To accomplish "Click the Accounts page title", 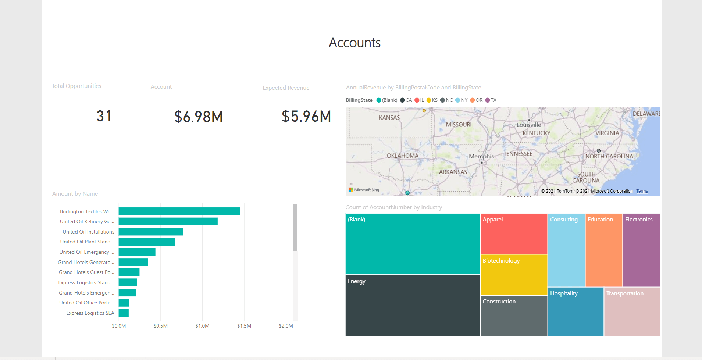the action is click(x=354, y=43).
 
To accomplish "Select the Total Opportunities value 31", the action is click(x=104, y=116).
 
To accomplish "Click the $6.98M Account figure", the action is click(x=199, y=117).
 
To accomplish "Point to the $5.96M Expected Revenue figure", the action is click(x=306, y=117).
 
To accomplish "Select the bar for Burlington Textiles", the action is click(x=179, y=211).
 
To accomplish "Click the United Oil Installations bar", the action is click(x=151, y=232).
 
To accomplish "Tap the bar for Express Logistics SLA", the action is click(x=124, y=313).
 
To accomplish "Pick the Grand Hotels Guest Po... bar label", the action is click(x=86, y=272).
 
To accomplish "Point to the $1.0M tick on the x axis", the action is click(x=202, y=326).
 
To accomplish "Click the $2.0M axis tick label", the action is click(x=286, y=326).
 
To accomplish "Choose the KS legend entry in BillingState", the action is click(x=432, y=100).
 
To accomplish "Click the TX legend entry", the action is click(x=491, y=100).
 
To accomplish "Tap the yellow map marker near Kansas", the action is click(x=424, y=110).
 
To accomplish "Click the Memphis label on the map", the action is click(x=481, y=156).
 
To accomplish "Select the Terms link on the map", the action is click(x=642, y=191).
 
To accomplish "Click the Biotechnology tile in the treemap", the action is click(x=514, y=275).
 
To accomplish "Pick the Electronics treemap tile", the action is click(x=641, y=250).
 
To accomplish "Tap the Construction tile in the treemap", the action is click(x=514, y=316).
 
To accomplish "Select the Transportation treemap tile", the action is click(x=632, y=311).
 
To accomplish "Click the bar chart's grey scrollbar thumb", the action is click(x=295, y=227).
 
